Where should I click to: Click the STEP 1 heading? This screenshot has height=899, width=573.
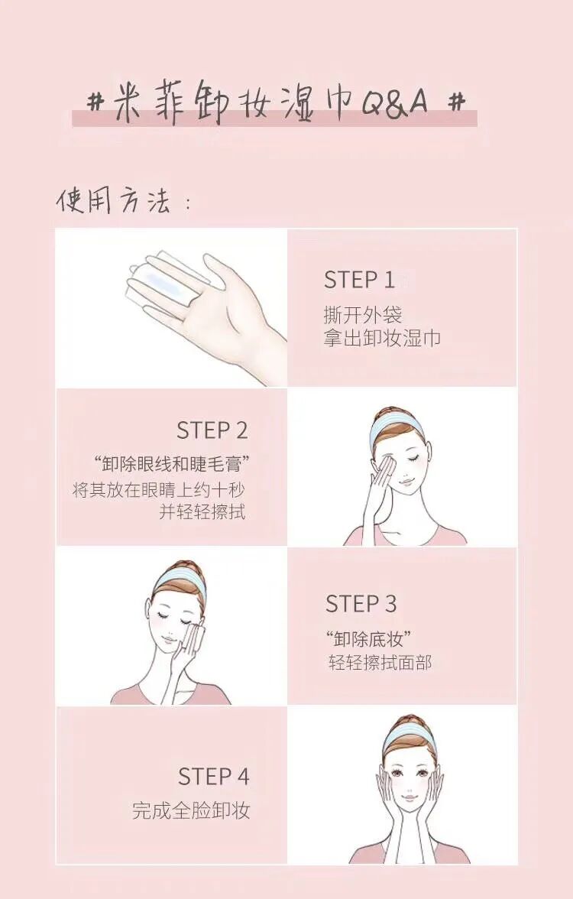[x=359, y=280]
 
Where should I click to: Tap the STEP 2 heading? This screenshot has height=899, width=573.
[x=212, y=430]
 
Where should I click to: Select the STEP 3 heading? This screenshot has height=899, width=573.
[x=361, y=604]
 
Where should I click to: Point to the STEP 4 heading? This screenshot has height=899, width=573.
[x=213, y=777]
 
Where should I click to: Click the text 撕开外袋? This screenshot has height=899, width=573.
[x=363, y=315]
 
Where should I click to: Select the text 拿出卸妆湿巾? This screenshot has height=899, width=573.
[x=382, y=338]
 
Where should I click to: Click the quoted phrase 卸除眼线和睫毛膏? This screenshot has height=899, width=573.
[x=173, y=462]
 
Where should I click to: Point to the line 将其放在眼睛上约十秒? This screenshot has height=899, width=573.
[x=159, y=490]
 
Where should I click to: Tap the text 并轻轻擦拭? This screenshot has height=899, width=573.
[x=202, y=511]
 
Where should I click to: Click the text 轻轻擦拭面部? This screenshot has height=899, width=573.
[x=380, y=663]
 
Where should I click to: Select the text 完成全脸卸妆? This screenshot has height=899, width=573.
[x=191, y=811]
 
